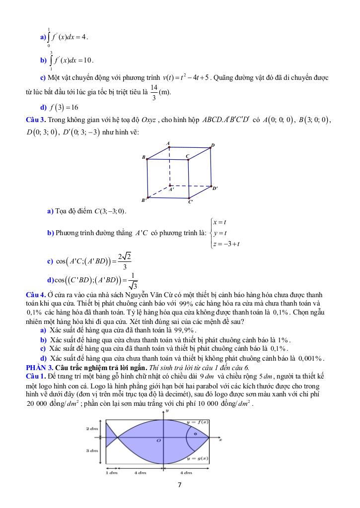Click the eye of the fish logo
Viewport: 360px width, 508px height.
pos(195,434)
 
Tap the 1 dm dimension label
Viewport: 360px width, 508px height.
pos(111,472)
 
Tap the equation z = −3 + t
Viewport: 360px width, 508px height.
pos(226,243)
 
